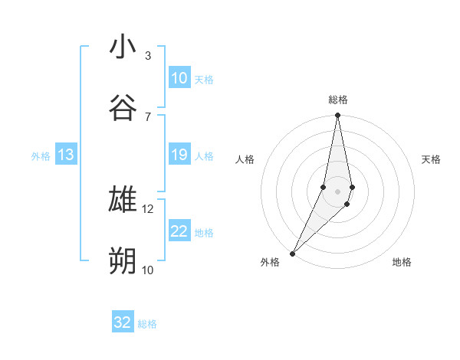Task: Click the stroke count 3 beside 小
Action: click(x=147, y=55)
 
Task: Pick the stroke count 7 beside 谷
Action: click(x=147, y=116)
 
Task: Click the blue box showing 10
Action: click(x=179, y=78)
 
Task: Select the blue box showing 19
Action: click(x=179, y=155)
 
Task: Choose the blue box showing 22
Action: click(x=179, y=231)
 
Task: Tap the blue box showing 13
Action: click(x=66, y=155)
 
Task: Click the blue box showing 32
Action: click(x=123, y=322)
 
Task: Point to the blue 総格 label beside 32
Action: click(x=147, y=324)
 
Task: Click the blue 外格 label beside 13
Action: click(x=41, y=156)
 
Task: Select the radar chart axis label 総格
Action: click(x=337, y=100)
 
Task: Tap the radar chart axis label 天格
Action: click(x=432, y=159)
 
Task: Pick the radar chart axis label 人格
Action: click(x=245, y=159)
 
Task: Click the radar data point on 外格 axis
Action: click(x=292, y=253)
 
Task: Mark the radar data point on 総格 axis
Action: click(x=337, y=116)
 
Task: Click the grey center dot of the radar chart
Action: click(x=337, y=191)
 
